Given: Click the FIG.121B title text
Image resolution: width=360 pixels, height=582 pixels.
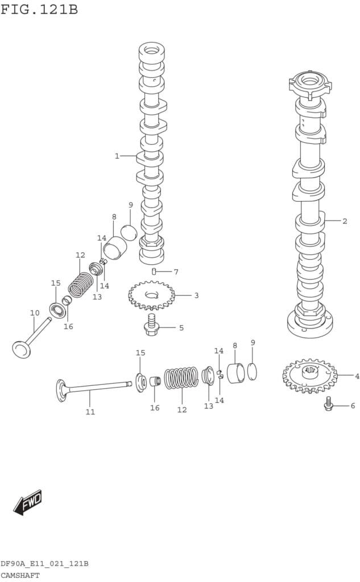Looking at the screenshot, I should click(x=39, y=10).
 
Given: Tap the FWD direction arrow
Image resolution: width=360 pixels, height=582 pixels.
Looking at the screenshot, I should click(x=28, y=502).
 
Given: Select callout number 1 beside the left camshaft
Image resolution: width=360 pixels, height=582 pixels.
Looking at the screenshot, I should click(x=117, y=156).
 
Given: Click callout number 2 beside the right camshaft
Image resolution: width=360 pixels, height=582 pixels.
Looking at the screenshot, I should click(x=345, y=221).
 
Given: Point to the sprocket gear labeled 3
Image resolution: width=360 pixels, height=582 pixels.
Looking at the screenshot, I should click(x=151, y=296).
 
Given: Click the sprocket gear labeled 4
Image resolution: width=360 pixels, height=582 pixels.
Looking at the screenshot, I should click(x=309, y=375).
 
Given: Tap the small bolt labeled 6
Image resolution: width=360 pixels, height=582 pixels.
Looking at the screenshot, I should click(x=328, y=404).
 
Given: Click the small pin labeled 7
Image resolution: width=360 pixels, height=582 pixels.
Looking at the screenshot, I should click(x=154, y=272).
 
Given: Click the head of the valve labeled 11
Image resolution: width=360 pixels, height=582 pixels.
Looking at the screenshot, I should click(x=61, y=390).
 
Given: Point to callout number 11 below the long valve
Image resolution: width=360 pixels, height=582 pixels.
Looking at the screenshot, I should click(x=90, y=412).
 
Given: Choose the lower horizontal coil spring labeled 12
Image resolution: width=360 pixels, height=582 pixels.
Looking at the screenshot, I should click(x=181, y=378).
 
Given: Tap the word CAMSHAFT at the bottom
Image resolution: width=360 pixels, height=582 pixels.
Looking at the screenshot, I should click(x=20, y=575).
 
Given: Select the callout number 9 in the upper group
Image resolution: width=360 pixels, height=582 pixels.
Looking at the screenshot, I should click(x=130, y=205).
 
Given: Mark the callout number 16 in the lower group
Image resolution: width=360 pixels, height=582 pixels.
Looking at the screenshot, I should click(x=155, y=408).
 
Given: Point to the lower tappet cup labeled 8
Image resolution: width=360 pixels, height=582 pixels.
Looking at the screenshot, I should click(x=235, y=372).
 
